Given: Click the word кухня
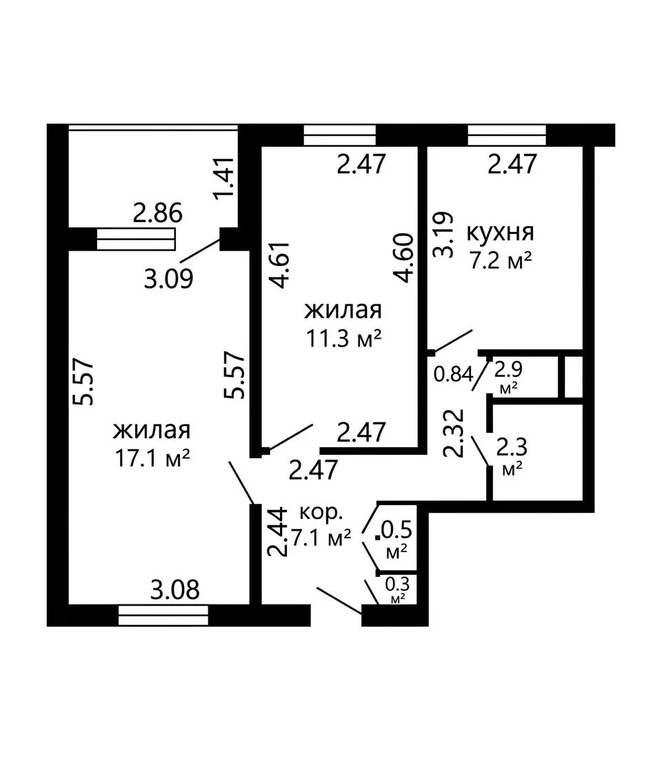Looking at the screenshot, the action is tap(501, 233).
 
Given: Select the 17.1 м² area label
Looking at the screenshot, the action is tap(152, 458).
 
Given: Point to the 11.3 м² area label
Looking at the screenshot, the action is tap(343, 337).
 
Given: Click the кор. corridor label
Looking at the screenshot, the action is tap(321, 511).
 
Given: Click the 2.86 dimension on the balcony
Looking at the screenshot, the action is tap(158, 213).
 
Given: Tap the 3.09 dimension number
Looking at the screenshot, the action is tap(168, 280).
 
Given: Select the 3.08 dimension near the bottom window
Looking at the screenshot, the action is tap(174, 589).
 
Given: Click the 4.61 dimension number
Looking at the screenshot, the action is tap(281, 265).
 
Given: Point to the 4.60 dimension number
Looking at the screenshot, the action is tap(405, 258).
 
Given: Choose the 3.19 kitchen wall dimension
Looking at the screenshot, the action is tap(444, 235).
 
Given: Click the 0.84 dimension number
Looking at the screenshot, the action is tap(453, 374).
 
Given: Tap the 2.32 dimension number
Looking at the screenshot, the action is tap(453, 433).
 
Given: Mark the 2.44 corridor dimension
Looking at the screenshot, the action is tap(277, 532).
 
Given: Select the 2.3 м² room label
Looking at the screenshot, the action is tap(512, 456).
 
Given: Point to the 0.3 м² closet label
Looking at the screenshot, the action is tap(398, 589).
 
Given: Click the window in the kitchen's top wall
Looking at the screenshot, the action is tap(507, 135).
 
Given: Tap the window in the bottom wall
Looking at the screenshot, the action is tap(163, 616).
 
